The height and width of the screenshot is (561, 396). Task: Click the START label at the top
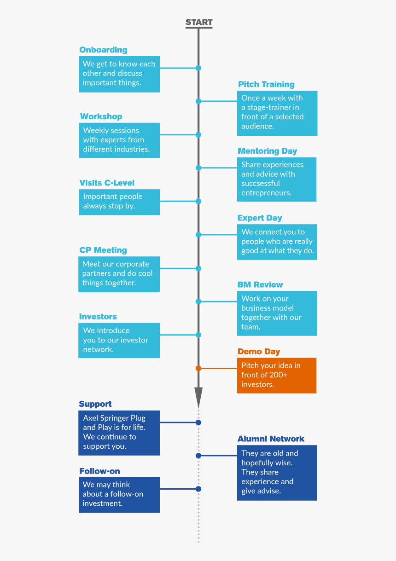click(x=199, y=22)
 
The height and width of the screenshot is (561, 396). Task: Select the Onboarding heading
click(x=103, y=50)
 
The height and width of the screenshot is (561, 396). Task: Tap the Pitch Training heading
click(x=266, y=84)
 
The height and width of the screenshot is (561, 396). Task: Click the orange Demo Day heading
click(x=259, y=352)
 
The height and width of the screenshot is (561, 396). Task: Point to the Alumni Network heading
click(x=271, y=439)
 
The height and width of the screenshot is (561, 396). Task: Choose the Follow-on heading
click(x=99, y=471)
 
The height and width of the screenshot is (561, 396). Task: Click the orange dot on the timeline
click(x=198, y=368)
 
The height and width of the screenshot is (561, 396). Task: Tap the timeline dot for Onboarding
click(x=198, y=68)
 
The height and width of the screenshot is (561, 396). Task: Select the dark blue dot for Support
click(x=198, y=422)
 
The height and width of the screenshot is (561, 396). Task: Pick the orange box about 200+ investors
click(x=277, y=375)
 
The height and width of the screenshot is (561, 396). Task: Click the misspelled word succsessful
click(x=261, y=183)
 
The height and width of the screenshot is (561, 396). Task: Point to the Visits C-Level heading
click(x=107, y=183)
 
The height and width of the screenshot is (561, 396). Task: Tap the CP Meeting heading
click(x=103, y=250)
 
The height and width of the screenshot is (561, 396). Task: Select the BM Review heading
click(x=260, y=285)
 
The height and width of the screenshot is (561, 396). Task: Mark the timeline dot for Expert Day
click(x=198, y=235)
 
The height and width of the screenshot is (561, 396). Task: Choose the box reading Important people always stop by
click(x=119, y=202)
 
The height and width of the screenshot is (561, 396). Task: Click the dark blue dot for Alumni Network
click(x=198, y=456)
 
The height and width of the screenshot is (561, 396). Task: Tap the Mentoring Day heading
click(x=267, y=151)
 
